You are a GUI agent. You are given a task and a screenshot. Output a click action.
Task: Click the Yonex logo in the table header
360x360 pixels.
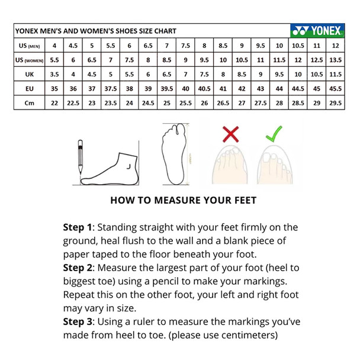point(317,30)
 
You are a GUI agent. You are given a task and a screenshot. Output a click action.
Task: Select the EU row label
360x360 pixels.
point(30,89)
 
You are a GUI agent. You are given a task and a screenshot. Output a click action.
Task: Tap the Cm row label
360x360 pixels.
point(30,103)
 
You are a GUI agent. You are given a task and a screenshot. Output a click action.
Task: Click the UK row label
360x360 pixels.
point(30,75)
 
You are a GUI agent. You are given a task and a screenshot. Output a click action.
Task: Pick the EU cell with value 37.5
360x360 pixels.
point(111,89)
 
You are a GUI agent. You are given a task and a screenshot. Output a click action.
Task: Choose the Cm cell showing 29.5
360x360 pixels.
point(336,103)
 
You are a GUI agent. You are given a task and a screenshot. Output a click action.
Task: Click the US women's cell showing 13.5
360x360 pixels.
point(336,60)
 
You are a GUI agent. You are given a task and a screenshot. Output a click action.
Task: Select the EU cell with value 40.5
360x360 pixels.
point(204,89)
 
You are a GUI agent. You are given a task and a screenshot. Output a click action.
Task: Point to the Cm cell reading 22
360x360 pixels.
point(54,103)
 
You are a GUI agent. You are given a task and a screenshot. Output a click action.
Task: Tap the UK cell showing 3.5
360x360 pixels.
point(54,75)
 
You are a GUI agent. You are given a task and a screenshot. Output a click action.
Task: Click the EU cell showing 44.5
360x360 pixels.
point(298,89)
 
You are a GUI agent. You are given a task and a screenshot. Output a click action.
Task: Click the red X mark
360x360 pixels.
point(230,134)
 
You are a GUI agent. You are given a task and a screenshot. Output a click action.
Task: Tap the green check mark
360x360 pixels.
point(274,134)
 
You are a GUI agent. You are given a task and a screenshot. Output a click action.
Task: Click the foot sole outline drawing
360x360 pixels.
point(174,154)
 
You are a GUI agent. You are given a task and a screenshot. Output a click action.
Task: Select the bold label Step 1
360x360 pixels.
point(78,227)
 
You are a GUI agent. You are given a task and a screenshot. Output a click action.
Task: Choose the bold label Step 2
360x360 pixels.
point(78,268)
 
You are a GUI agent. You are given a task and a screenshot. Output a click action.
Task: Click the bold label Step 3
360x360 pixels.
point(78,322)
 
